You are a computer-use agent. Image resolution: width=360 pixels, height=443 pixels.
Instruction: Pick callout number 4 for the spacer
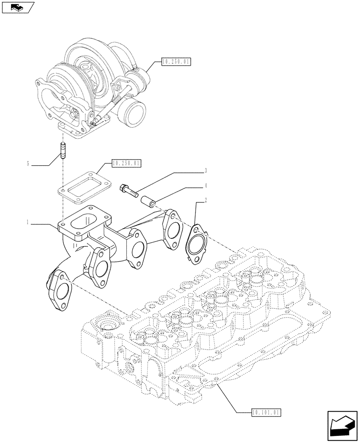point(205,185)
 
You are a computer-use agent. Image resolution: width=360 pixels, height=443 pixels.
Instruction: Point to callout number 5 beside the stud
point(28,164)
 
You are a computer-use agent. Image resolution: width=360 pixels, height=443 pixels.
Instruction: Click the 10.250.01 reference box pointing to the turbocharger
point(176,62)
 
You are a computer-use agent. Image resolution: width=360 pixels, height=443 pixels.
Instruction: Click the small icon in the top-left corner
point(17,7)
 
